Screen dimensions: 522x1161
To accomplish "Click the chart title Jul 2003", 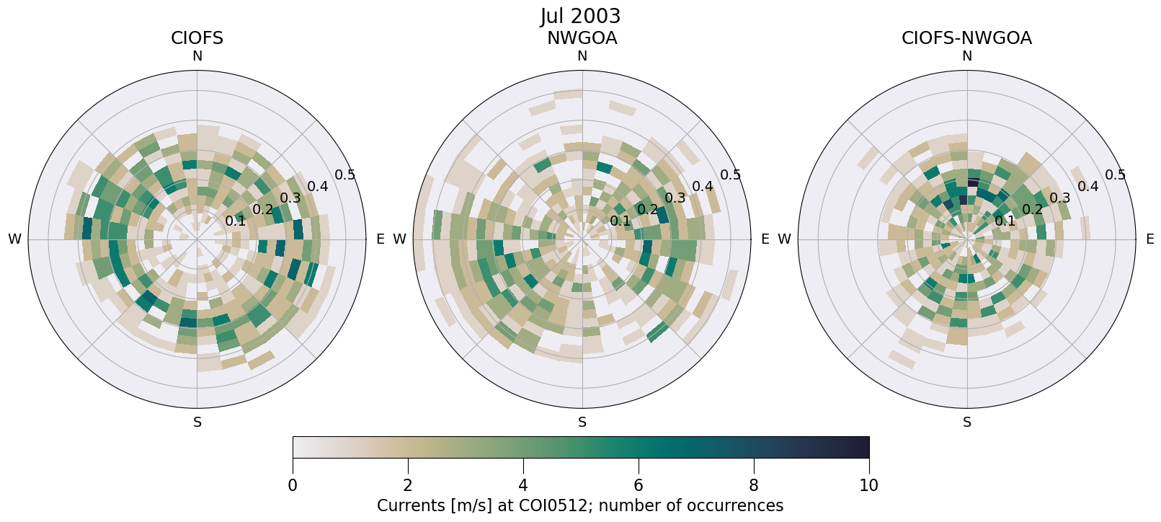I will click(580, 16).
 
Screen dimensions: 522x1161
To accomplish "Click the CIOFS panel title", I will click(197, 38).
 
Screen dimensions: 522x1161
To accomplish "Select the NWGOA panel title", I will click(582, 38).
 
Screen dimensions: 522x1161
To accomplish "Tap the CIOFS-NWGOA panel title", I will click(966, 38).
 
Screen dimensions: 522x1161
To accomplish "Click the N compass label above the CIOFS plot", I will click(197, 56).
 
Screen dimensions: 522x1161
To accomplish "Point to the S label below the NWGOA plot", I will click(582, 423).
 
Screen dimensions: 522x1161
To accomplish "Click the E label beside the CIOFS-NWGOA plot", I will click(1149, 239).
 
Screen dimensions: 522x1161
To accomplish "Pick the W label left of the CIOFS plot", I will click(14, 239).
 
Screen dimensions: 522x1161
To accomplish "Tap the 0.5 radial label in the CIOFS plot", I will click(344, 175).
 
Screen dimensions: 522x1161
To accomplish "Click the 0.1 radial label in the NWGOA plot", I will click(620, 221).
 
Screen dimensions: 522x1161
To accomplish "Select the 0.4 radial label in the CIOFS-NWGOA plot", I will click(1087, 187).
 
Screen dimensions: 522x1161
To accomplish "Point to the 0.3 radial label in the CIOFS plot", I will click(290, 198).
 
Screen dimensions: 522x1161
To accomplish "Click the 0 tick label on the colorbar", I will click(293, 485).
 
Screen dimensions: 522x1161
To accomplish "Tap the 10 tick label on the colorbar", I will click(868, 485).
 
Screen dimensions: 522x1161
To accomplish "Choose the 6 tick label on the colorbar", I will click(639, 485).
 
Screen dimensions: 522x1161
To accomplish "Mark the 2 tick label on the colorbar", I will click(408, 485).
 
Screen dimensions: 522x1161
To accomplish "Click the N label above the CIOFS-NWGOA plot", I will click(966, 56).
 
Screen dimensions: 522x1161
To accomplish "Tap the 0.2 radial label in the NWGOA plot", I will click(647, 210).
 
